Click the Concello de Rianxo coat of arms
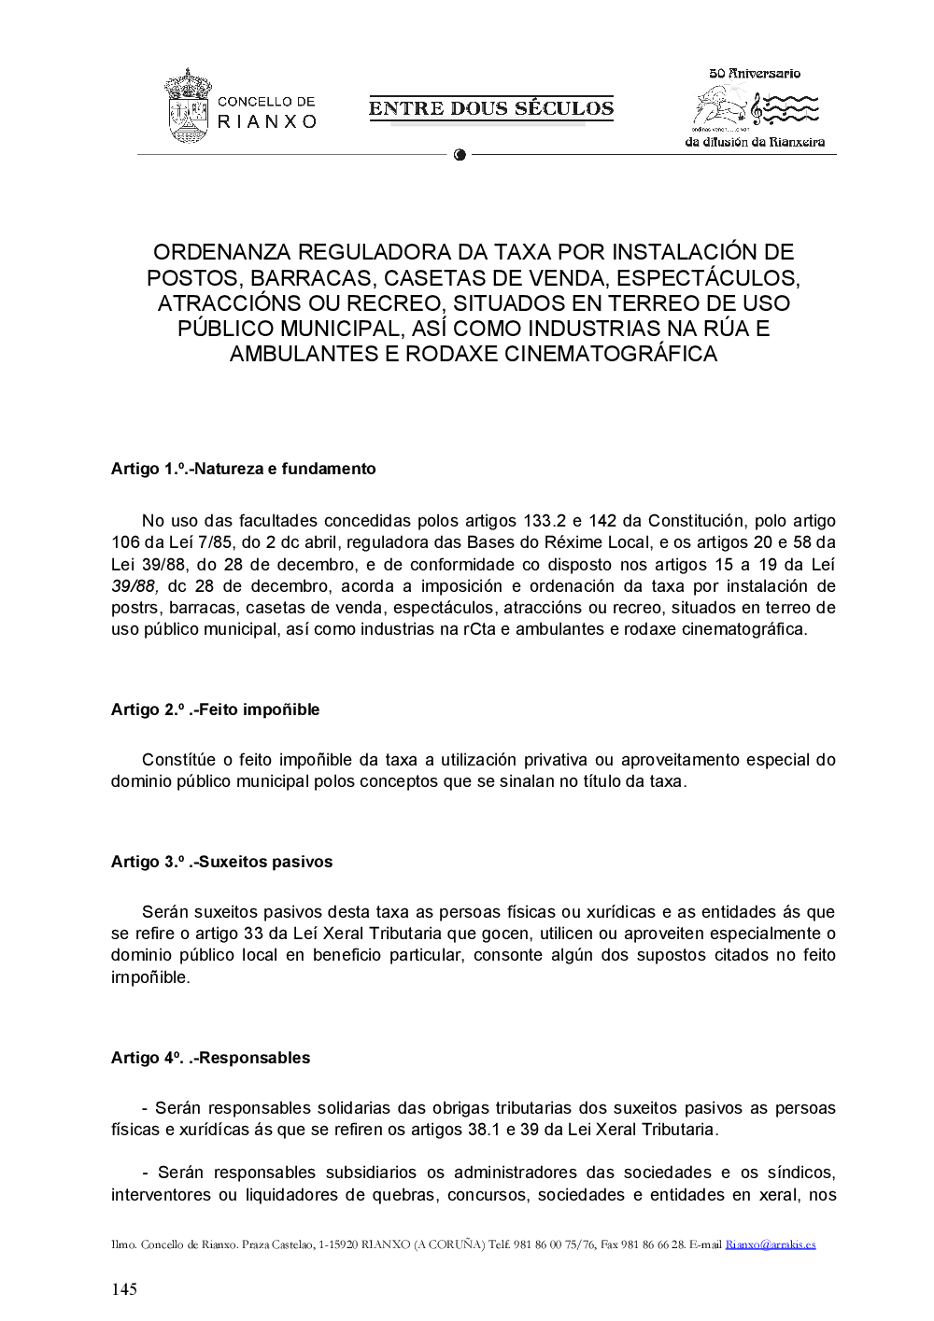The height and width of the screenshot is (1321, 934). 188,105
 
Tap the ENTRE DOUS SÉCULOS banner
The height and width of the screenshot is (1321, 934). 491,108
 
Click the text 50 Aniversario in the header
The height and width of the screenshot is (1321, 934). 755,74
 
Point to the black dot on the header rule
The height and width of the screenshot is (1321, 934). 460,155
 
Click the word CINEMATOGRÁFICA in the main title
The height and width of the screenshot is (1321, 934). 611,354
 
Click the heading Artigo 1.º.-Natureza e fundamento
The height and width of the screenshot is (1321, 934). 243,469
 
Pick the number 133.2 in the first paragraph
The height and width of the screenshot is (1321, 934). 544,521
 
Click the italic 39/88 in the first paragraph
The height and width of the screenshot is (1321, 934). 134,586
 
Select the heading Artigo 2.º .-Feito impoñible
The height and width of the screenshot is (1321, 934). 215,710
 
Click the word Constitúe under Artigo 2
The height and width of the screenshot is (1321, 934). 178,760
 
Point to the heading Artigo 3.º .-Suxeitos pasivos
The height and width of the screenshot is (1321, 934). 221,862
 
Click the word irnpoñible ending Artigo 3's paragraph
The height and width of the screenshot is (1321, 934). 149,977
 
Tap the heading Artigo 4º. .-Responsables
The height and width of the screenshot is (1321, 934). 210,1058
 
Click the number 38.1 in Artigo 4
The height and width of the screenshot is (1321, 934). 484,1130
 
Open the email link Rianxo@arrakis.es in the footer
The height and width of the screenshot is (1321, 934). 771,1244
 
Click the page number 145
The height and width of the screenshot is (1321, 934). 124,1289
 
